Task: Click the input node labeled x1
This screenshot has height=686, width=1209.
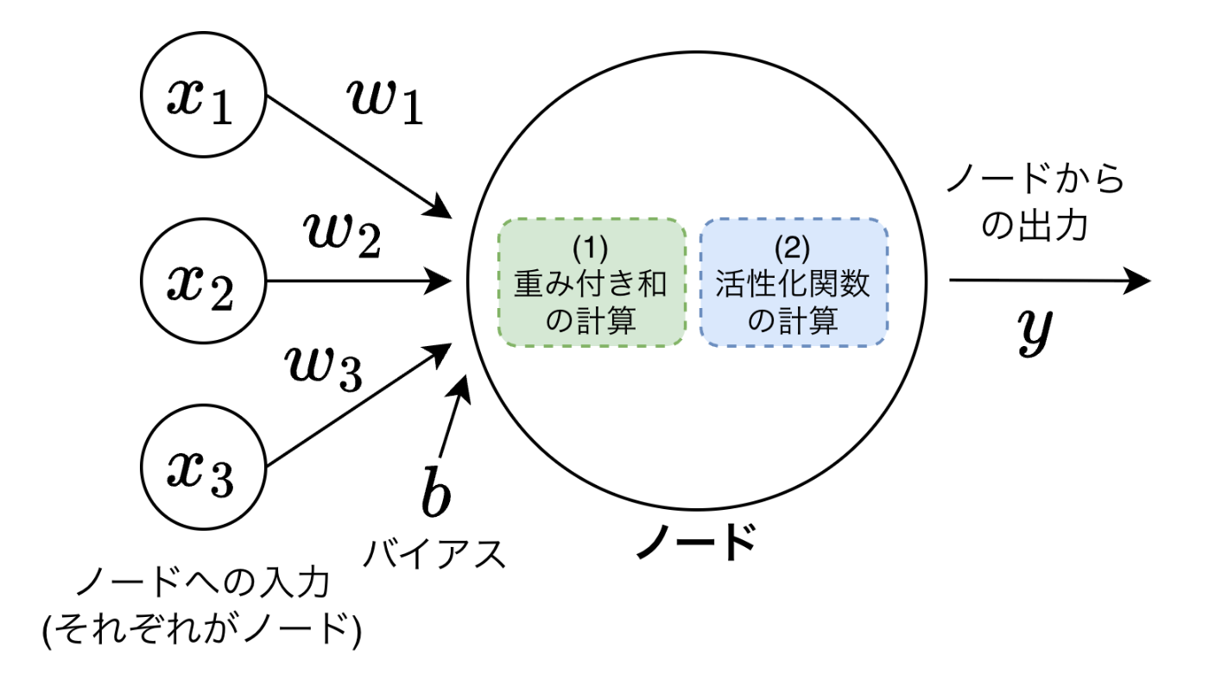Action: (x=203, y=95)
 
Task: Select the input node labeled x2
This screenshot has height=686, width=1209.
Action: (x=203, y=280)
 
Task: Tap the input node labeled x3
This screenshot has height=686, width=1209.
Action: (x=203, y=467)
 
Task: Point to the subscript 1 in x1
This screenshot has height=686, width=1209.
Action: (x=222, y=110)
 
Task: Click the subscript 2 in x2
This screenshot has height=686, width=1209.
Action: (x=221, y=296)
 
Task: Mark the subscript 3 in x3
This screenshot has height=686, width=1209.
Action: (x=222, y=481)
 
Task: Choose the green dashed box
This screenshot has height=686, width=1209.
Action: (x=592, y=282)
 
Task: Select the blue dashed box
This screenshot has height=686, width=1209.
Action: (x=794, y=282)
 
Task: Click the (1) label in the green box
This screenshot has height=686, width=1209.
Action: (x=592, y=248)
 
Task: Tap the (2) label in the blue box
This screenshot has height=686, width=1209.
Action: (x=792, y=248)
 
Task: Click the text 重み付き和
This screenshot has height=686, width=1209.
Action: (x=592, y=284)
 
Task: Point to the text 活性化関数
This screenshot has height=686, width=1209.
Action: (x=793, y=284)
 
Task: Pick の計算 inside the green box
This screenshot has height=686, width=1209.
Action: (x=592, y=321)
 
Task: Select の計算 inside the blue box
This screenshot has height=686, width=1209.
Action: (x=793, y=321)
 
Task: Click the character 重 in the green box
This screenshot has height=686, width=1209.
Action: (x=530, y=284)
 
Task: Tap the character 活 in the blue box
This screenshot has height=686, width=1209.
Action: (x=731, y=284)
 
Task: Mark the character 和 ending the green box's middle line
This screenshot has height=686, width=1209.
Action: (x=653, y=284)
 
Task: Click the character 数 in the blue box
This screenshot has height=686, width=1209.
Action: (x=855, y=284)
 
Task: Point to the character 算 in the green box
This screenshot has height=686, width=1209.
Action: (x=622, y=321)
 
